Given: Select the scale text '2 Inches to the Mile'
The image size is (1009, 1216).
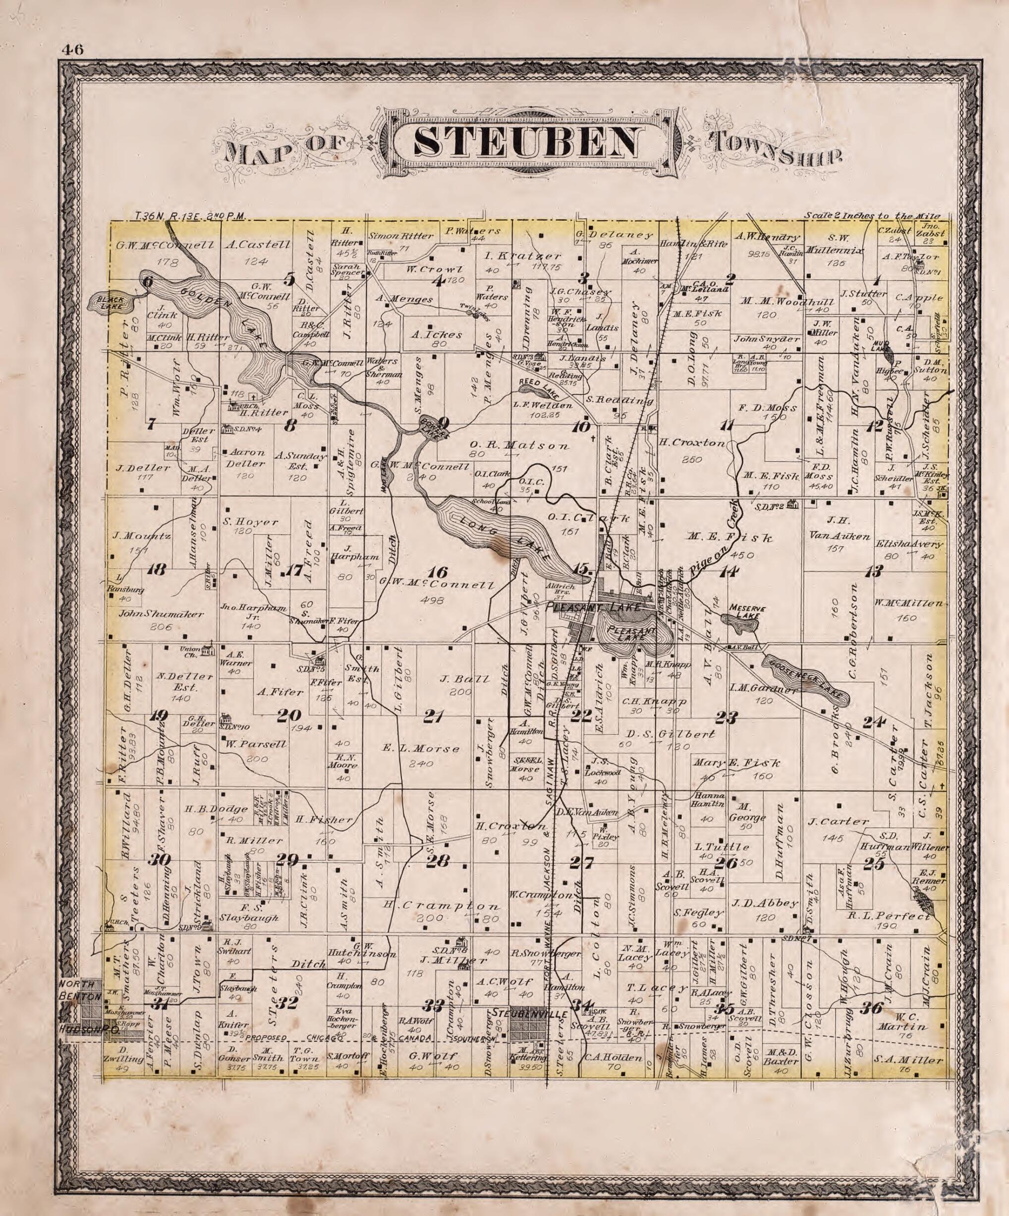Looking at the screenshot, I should click(x=872, y=216).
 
